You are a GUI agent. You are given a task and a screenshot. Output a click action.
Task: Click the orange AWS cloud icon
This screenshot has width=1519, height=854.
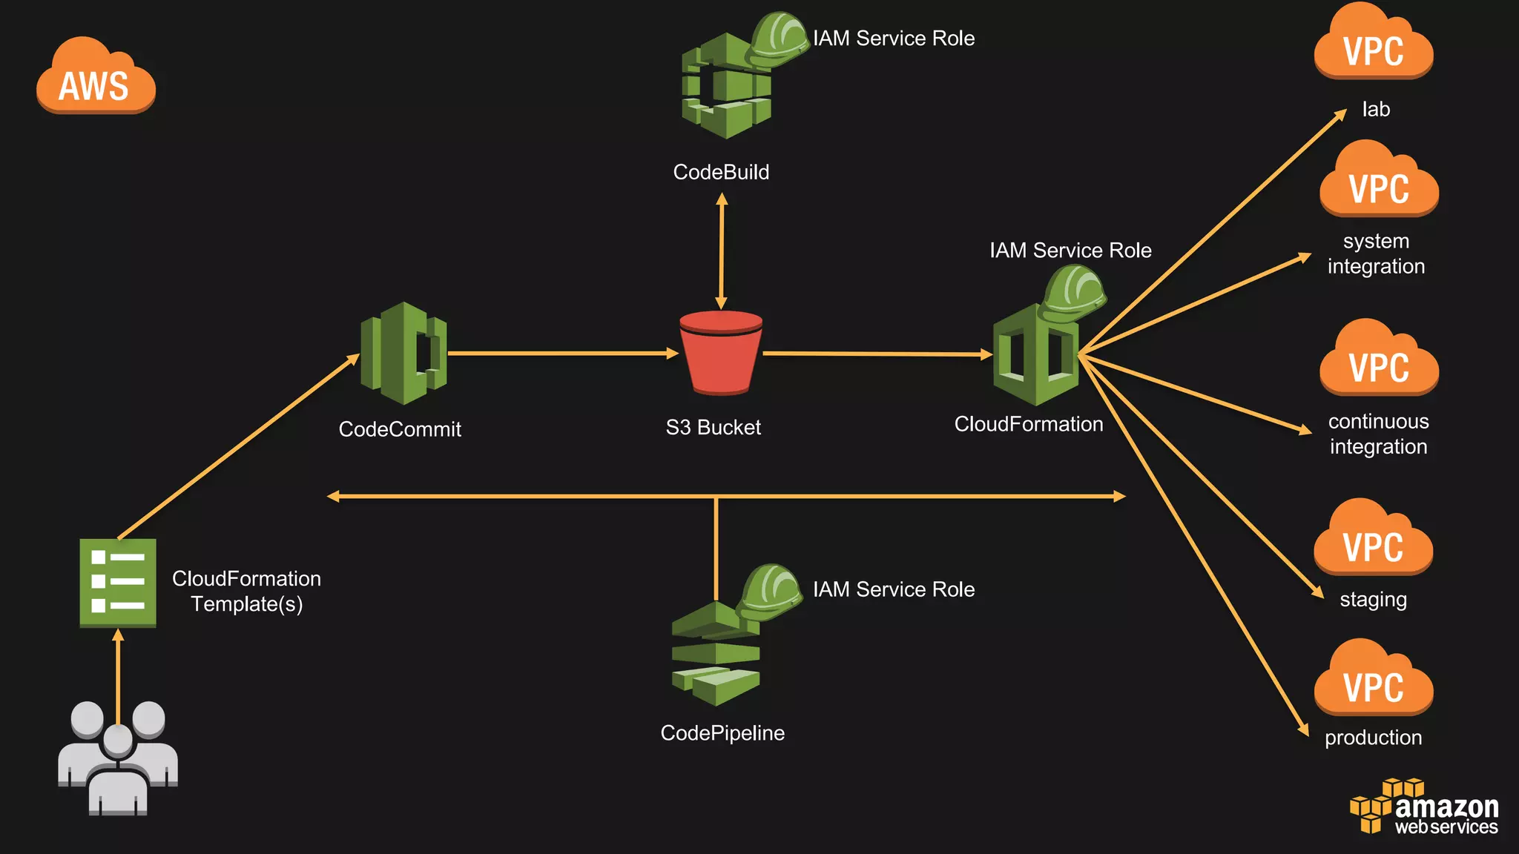point(96,78)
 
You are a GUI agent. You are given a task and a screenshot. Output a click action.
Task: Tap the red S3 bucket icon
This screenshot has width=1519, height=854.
point(720,353)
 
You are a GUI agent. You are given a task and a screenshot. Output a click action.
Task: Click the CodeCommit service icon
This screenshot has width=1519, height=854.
point(403,354)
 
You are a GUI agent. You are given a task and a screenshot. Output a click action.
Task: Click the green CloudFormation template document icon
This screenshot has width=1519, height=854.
point(118,582)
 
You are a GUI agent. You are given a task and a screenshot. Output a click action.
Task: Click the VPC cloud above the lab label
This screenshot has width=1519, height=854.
point(1374,44)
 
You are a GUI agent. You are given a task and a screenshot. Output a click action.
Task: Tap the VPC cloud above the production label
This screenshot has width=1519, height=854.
point(1374,681)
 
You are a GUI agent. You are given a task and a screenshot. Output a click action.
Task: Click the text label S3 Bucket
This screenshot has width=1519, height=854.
point(713,428)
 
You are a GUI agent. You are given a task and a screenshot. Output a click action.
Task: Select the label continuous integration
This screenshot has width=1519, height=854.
point(1378,434)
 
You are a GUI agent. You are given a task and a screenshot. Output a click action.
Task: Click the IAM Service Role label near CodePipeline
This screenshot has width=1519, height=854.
point(894,589)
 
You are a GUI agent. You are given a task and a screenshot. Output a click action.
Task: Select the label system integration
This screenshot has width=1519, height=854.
point(1376,254)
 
